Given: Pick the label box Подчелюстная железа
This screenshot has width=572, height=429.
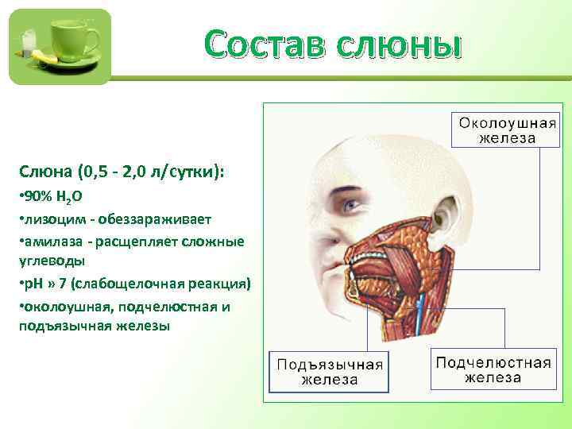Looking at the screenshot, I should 493,369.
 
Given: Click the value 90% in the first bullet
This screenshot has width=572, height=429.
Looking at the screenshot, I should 37,195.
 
